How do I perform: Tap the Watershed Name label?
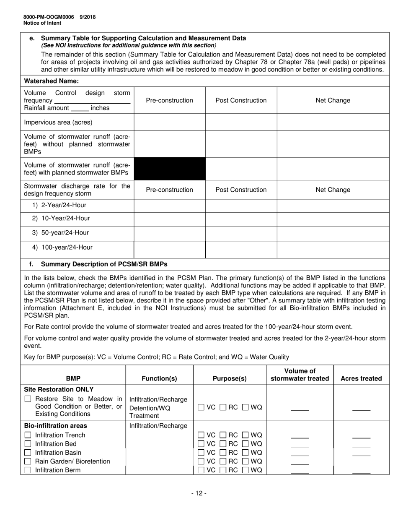(52, 81)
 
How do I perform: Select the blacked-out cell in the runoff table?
(169, 169)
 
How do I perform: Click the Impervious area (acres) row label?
(58, 122)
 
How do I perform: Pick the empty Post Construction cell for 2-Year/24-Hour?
(241, 205)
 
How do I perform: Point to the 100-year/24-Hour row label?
(63, 247)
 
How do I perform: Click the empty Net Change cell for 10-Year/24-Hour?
(333, 219)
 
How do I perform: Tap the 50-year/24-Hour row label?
(61, 233)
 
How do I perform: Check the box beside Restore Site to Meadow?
(28, 399)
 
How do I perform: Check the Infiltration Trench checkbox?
(28, 435)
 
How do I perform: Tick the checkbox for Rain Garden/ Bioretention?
(28, 461)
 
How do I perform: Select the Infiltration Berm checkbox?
(28, 470)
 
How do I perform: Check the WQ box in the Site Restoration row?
(245, 407)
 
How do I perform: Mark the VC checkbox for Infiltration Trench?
(201, 435)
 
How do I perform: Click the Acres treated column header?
(361, 378)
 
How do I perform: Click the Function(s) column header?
(159, 378)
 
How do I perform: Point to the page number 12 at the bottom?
(199, 493)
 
